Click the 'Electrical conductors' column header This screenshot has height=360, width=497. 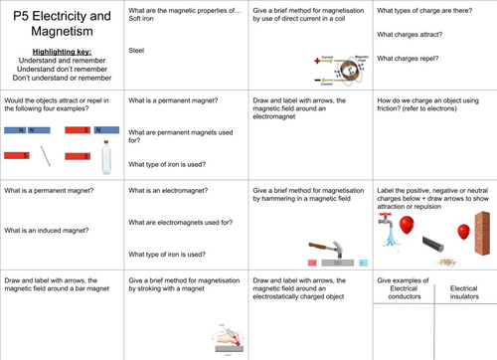(x=404, y=292)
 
